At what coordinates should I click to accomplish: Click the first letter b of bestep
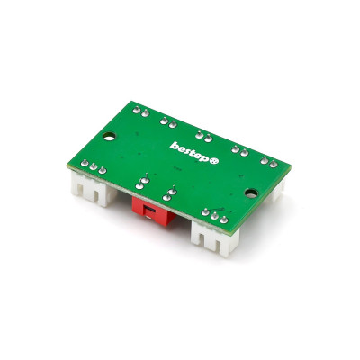click(x=173, y=143)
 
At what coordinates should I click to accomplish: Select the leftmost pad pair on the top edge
click(x=139, y=110)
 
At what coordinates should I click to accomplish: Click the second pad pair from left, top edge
click(x=166, y=120)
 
